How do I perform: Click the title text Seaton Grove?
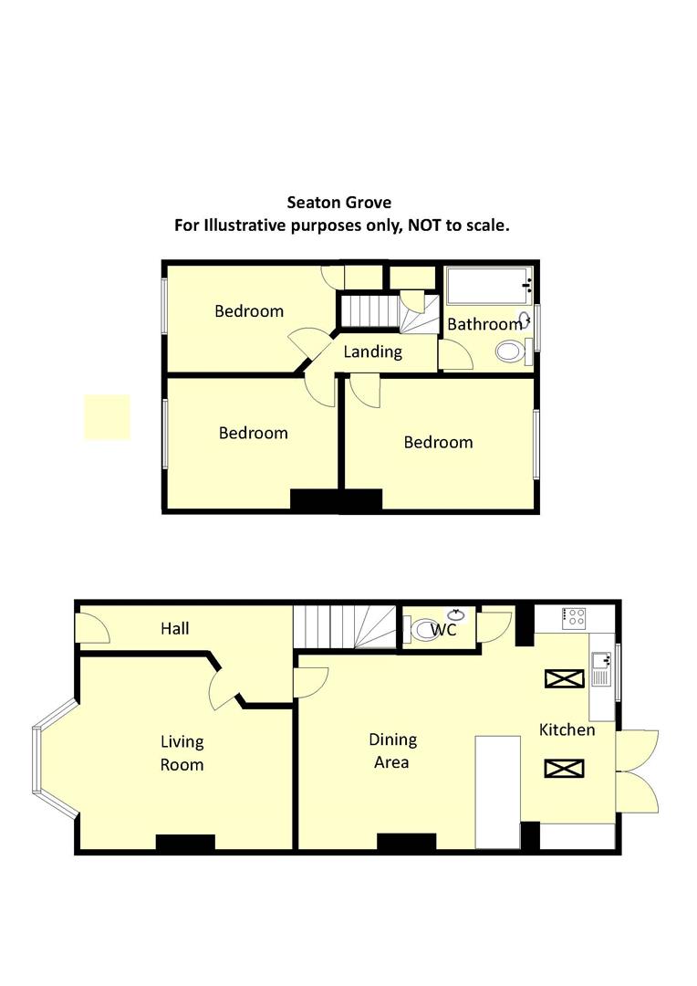pos(339,202)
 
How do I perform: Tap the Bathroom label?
pos(484,324)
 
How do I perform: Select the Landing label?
pos(372,351)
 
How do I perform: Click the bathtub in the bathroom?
pos(488,286)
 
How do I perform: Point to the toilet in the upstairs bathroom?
pos(511,351)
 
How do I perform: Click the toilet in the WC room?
pos(423,629)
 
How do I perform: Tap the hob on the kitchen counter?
pos(576,617)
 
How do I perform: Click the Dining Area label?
pos(393,750)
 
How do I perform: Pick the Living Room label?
pos(182,753)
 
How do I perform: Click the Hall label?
pos(175,628)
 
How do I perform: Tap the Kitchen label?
pos(567,729)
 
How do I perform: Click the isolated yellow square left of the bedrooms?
pos(108,417)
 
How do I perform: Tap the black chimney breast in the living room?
pos(185,844)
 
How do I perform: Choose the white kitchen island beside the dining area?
pos(498,792)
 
